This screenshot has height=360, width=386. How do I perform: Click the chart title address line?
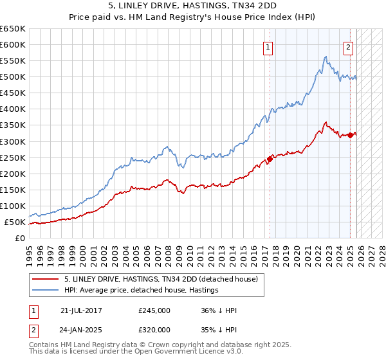192,6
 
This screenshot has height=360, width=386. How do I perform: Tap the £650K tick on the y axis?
13,29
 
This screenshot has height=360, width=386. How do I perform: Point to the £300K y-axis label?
13,141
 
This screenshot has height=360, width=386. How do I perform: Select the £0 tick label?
20,239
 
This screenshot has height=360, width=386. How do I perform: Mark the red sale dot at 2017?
270,159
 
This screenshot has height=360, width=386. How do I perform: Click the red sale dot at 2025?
351,135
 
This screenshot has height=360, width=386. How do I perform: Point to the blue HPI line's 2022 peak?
326,57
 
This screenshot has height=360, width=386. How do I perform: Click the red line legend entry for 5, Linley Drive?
161,279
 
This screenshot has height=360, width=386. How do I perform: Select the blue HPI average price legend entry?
142,291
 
